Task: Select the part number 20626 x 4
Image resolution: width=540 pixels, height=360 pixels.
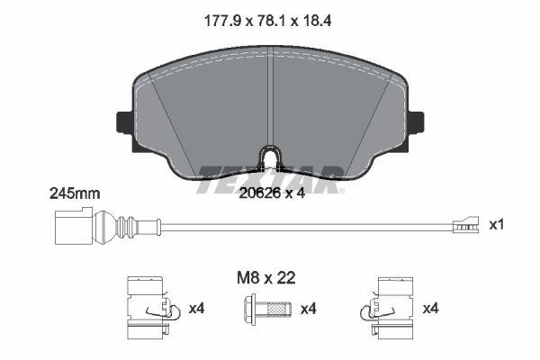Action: coord(270,191)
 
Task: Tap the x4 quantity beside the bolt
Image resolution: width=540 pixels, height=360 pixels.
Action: coord(309,310)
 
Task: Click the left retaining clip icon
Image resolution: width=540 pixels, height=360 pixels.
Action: coord(147,310)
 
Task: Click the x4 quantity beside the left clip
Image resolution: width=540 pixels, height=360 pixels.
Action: coord(197,310)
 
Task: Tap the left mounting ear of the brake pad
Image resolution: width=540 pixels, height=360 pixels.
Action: coord(125,121)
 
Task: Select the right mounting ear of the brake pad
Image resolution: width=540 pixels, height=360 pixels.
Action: coord(416,121)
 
